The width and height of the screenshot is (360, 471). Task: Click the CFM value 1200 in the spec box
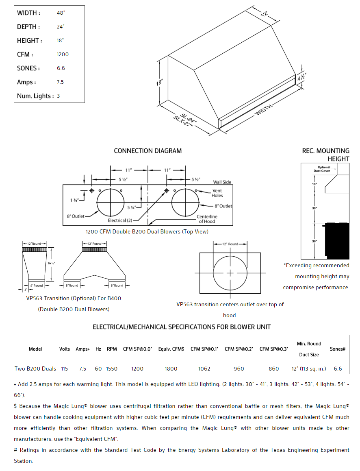(63, 55)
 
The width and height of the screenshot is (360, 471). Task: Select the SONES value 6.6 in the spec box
(61, 68)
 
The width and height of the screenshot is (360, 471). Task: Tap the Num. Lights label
(35, 96)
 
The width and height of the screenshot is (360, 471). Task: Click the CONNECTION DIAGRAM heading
(148, 151)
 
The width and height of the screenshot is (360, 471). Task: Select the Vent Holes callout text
(217, 193)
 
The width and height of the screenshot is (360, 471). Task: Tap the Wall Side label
(222, 182)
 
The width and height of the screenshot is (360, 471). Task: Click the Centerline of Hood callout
(207, 219)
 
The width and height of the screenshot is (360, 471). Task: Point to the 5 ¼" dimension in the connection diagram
(131, 207)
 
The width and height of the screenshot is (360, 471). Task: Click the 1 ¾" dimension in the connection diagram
(74, 200)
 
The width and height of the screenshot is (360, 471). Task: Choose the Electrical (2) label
(120, 220)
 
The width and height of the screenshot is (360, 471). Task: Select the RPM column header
(112, 349)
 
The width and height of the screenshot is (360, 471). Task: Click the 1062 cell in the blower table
(204, 369)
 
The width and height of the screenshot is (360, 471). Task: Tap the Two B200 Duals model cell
(35, 369)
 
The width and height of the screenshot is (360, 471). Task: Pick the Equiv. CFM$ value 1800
(171, 369)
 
